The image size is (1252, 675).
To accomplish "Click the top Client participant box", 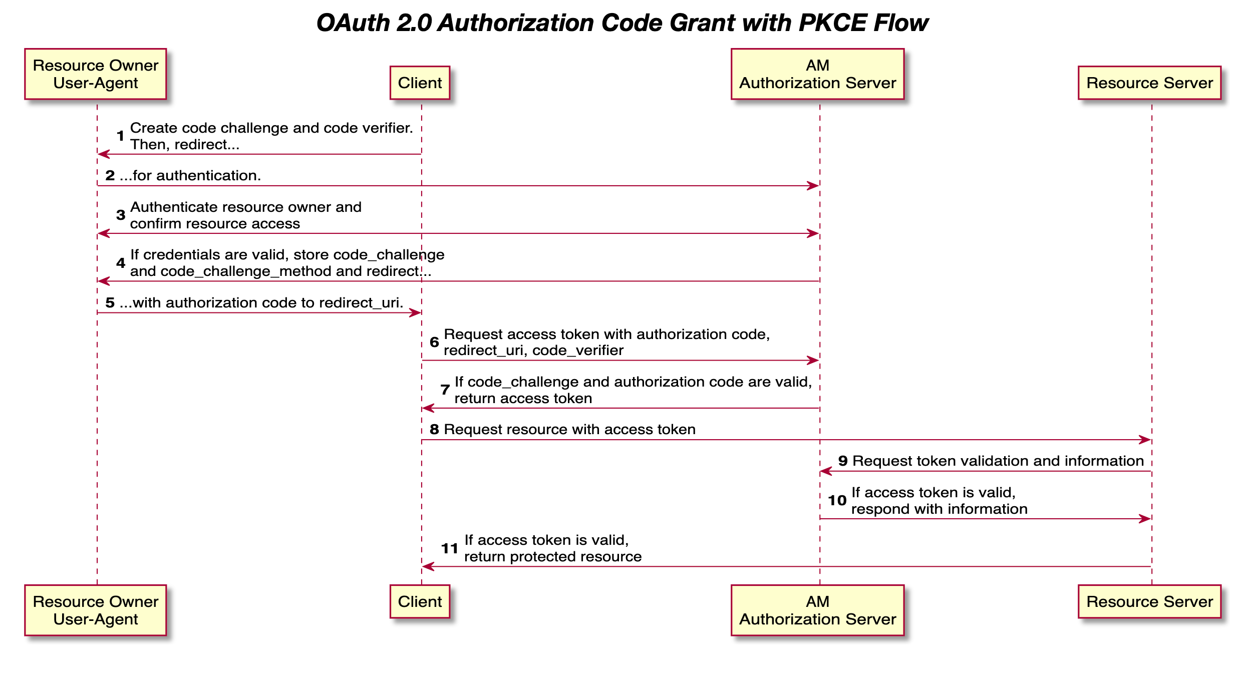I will click(x=420, y=83).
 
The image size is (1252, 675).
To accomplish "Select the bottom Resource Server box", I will click(x=1149, y=601).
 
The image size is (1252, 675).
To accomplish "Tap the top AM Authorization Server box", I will click(x=817, y=74).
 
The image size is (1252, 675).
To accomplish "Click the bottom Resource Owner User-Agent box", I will click(x=95, y=610).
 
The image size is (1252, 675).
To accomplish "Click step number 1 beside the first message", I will click(x=120, y=136).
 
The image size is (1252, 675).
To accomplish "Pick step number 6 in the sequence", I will click(x=434, y=342).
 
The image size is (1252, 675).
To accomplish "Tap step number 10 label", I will click(x=837, y=500).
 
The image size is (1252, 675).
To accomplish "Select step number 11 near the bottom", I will click(x=449, y=548).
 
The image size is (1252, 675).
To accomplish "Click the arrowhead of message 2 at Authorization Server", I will click(x=813, y=186).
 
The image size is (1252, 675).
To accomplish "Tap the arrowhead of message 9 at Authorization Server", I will click(x=826, y=471).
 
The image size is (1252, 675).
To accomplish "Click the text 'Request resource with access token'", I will click(x=569, y=429).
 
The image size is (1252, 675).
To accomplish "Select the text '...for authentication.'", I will click(x=190, y=175).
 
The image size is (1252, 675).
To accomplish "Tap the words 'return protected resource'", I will click(x=552, y=556).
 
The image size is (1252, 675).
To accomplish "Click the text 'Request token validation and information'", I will click(x=998, y=461).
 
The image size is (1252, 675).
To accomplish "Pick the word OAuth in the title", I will click(x=353, y=23).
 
